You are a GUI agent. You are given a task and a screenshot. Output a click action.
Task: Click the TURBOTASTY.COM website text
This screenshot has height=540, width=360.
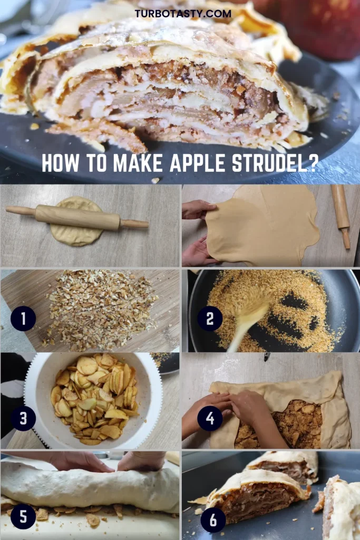pyautogui.click(x=183, y=14)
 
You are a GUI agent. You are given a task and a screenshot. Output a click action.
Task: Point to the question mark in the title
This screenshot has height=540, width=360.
pyautogui.click(x=311, y=163)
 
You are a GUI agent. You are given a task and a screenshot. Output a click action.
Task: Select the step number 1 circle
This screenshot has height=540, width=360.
pyautogui.click(x=23, y=319)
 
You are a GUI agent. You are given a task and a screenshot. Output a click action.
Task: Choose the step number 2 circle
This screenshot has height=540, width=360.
pyautogui.click(x=210, y=319)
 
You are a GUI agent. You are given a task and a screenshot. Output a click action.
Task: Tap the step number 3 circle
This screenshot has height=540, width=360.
pyautogui.click(x=23, y=418)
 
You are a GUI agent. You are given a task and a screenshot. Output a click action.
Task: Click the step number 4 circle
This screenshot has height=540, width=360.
pyautogui.click(x=210, y=418)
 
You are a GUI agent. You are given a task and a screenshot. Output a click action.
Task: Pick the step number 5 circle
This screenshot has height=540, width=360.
pyautogui.click(x=23, y=517)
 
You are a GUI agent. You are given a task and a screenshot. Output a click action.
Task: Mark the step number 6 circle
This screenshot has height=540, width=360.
pyautogui.click(x=213, y=519)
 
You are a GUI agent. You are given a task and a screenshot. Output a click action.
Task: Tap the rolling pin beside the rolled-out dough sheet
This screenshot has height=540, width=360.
pyautogui.click(x=340, y=216)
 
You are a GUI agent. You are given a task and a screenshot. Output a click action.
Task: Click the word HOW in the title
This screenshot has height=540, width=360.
pyautogui.click(x=60, y=163)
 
